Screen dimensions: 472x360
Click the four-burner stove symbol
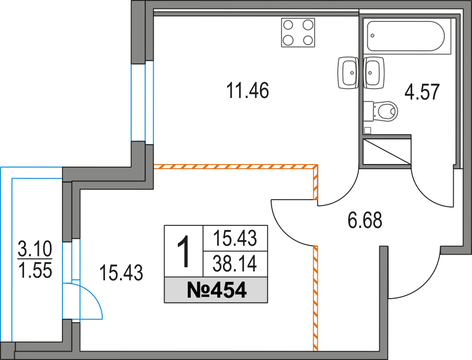pos(298,32)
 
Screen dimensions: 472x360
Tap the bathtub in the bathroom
pos(405,36)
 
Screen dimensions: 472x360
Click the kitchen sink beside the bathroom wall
pos(349,73)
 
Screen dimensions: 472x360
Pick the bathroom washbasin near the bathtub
pos(374,73)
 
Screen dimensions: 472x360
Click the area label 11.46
pos(248,91)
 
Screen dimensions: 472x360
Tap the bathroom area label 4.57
pos(422,92)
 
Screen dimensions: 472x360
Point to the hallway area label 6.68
pos(365,220)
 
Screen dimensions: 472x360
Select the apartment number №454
pos(217,290)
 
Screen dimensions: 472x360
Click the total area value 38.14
pos(235,264)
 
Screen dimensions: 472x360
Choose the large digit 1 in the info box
pos(184,252)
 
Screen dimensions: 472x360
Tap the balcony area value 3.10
pos(35,249)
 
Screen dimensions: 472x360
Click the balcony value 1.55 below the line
pos(35,270)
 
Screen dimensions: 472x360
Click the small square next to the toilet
pos(367,130)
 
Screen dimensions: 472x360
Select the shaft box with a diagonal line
pos(387,151)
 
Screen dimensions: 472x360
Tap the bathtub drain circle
pos(373,36)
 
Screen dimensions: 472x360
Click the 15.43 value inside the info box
pos(235,238)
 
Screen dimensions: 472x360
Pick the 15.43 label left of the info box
pos(121,273)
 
